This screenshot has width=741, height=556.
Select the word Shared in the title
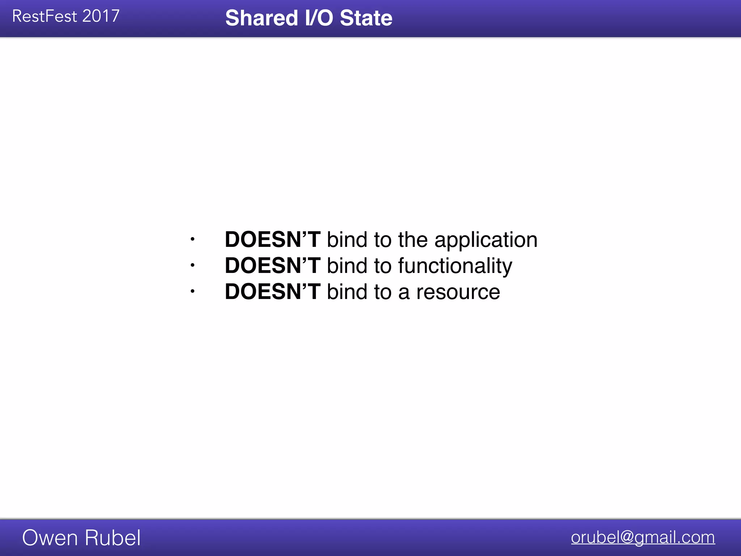click(261, 18)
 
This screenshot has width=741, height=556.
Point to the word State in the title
click(366, 18)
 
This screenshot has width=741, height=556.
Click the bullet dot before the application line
click(192, 239)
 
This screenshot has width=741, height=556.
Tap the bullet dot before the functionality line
click(192, 265)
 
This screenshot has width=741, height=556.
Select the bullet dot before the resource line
click(192, 291)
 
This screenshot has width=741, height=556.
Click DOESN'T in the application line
click(272, 240)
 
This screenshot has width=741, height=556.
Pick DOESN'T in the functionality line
click(272, 266)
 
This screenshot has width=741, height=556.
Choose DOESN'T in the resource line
click(272, 292)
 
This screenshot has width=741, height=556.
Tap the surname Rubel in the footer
click(112, 538)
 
